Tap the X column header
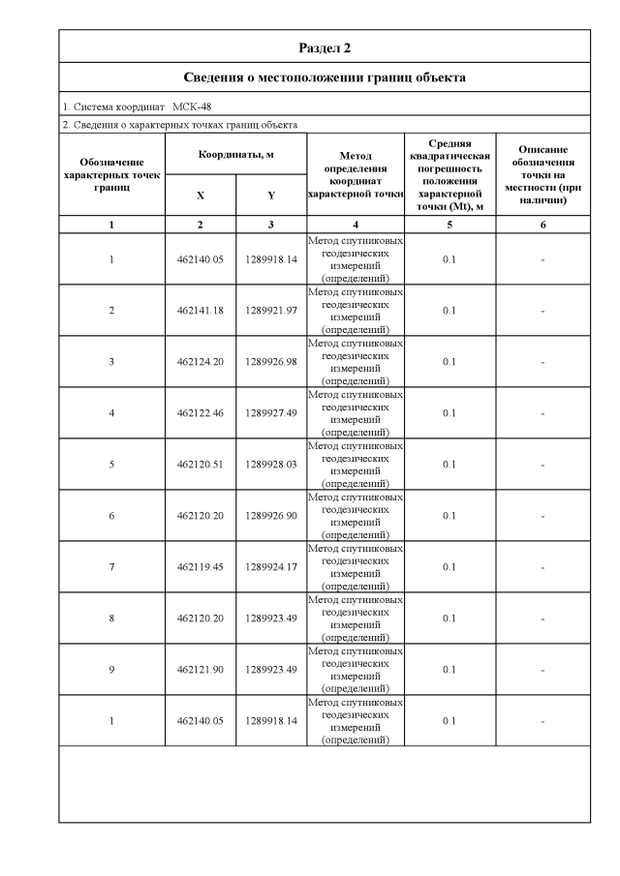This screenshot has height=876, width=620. [x=201, y=195]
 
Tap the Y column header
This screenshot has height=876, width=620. [x=271, y=195]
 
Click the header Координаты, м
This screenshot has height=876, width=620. [x=235, y=155]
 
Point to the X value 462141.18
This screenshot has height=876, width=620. [x=201, y=311]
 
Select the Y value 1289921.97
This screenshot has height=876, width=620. [x=271, y=311]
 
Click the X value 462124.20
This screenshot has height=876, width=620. [x=201, y=362]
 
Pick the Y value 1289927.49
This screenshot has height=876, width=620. [x=271, y=413]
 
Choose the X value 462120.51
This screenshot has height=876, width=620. [x=201, y=465]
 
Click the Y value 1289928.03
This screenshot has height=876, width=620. [x=271, y=465]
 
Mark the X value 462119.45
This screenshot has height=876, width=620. [x=201, y=567]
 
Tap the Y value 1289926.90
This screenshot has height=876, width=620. [x=271, y=516]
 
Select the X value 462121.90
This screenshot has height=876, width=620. [x=201, y=670]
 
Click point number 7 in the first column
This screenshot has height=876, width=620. [x=111, y=567]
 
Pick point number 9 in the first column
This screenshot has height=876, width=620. [x=111, y=670]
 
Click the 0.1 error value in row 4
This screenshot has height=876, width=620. [x=449, y=413]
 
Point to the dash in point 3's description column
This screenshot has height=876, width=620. [x=542, y=362]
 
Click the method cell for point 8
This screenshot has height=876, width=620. [x=356, y=619]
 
